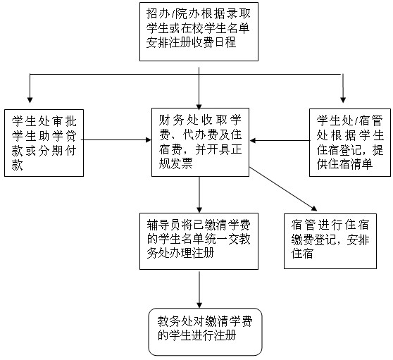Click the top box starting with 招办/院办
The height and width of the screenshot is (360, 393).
199,32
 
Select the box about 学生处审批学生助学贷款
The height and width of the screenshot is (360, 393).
44,143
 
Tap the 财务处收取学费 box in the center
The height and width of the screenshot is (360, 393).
200,142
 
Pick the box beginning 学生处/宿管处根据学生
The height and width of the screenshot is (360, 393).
350,142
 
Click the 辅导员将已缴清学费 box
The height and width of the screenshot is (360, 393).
199,241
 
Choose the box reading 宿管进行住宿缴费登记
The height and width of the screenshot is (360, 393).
330,241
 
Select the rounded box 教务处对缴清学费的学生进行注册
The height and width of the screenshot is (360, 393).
205,332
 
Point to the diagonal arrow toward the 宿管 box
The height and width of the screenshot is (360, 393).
283,189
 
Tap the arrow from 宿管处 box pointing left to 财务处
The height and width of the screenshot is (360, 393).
280,140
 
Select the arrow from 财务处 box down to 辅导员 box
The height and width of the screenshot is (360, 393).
199,194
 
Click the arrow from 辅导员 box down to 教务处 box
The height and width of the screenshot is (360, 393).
199,290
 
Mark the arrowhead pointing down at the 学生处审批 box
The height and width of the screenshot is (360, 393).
30,100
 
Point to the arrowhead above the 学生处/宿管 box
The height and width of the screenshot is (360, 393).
343,100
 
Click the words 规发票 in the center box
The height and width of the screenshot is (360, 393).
175,164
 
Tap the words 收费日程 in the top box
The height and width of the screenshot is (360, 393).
214,42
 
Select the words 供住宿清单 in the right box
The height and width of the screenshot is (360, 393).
344,164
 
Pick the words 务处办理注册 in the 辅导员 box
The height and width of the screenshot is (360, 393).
180,253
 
